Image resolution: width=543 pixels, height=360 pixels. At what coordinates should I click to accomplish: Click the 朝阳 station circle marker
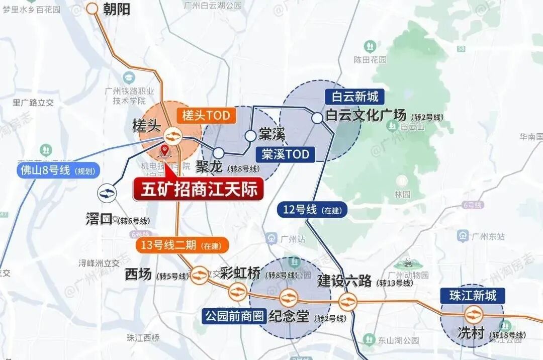tap(93, 8)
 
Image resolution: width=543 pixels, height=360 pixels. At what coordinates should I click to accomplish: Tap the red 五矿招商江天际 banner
tap(198, 190)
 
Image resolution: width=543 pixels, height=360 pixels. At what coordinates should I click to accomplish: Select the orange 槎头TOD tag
tap(206, 116)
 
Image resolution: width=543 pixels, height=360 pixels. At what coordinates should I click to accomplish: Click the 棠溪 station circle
tap(250, 136)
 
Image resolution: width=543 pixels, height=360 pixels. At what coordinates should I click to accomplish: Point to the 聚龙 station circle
tap(218, 153)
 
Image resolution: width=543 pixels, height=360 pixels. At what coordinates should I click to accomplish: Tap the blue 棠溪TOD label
tap(285, 154)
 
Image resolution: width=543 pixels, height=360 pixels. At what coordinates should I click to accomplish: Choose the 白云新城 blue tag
tap(355, 96)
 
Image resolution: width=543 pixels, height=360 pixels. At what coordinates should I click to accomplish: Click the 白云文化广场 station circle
tap(317, 118)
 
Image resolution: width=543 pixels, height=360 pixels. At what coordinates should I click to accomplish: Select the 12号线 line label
tap(312, 209)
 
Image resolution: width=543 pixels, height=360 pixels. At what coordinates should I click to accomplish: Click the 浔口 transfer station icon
tap(107, 192)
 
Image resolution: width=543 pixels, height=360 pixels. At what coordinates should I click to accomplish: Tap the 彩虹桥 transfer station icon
tap(237, 292)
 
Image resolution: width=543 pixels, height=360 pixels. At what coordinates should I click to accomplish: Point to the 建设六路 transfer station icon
tap(347, 302)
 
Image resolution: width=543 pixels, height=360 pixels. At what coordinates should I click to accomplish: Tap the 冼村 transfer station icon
tap(473, 315)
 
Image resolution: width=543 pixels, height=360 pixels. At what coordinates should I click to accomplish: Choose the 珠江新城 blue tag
tap(473, 295)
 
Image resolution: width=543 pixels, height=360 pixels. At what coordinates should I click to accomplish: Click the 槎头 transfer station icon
tap(173, 136)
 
